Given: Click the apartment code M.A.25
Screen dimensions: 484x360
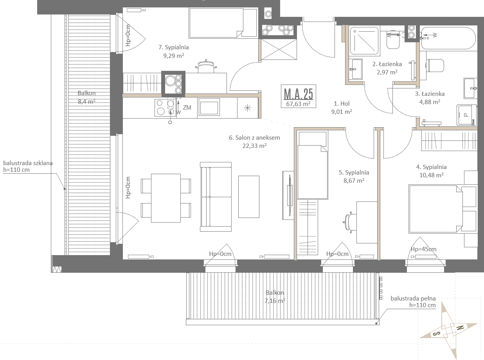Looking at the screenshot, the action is pyautogui.click(x=298, y=94).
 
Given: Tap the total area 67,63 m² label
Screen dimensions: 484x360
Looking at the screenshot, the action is pyautogui.click(x=298, y=104).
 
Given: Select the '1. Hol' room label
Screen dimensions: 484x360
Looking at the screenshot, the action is pyautogui.click(x=342, y=103).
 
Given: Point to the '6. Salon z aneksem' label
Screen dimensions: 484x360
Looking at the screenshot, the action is pyautogui.click(x=254, y=137).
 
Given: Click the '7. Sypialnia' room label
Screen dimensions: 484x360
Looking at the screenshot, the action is pyautogui.click(x=173, y=47).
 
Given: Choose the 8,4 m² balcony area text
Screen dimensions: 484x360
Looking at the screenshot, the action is pyautogui.click(x=86, y=101).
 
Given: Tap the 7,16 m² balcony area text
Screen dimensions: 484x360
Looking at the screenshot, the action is pyautogui.click(x=275, y=301).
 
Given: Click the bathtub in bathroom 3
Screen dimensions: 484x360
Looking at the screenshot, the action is pyautogui.click(x=448, y=38).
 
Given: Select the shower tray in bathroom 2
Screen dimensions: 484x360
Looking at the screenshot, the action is pyautogui.click(x=364, y=41).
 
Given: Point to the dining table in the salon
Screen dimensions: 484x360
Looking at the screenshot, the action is pyautogui.click(x=166, y=198).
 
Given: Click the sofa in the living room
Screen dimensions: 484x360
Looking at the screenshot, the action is pyautogui.click(x=216, y=197).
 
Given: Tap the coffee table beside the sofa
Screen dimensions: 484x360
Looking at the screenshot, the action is pyautogui.click(x=249, y=197).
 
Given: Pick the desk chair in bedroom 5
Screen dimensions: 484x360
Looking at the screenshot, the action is pyautogui.click(x=349, y=222).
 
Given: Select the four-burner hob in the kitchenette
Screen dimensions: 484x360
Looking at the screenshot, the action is pyautogui.click(x=165, y=107).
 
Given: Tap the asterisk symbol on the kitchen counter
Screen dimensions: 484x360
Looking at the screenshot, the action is pyautogui.click(x=247, y=108).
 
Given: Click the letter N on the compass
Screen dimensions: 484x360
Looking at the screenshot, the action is pyautogui.click(x=460, y=328).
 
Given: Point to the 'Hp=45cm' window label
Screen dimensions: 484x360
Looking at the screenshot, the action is pyautogui.click(x=424, y=249).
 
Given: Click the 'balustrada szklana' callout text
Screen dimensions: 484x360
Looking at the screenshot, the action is pyautogui.click(x=28, y=163).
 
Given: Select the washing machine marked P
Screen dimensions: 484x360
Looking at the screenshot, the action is pyautogui.click(x=466, y=115).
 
